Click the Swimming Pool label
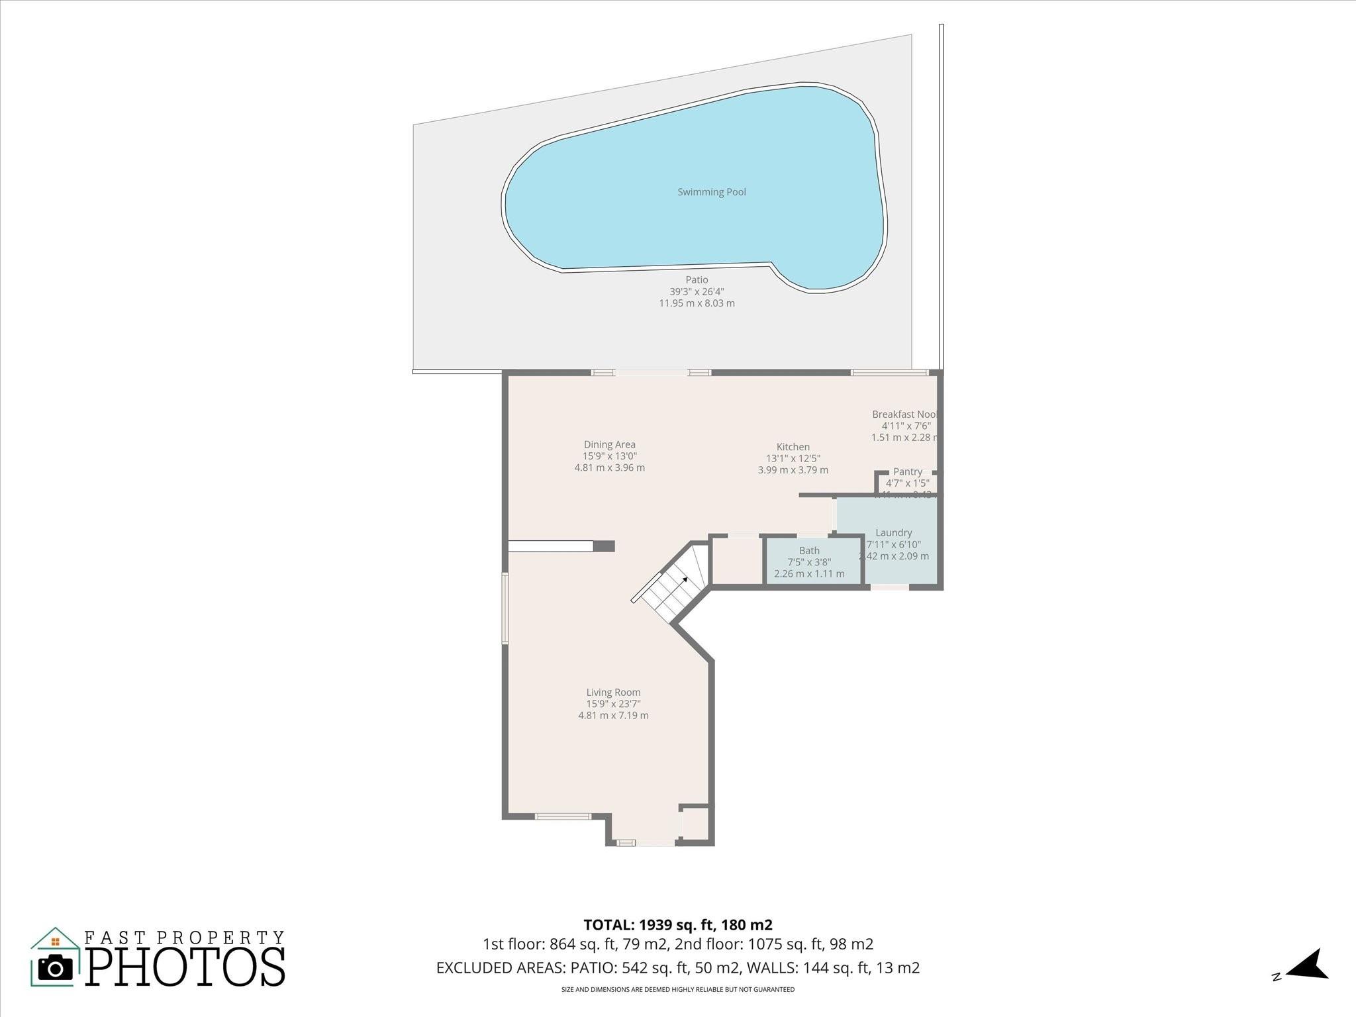coord(711,192)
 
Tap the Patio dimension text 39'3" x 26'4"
coord(697,291)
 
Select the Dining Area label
coord(609,445)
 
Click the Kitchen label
coord(793,447)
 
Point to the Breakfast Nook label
coord(904,414)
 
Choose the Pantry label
coord(907,471)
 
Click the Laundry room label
coord(893,532)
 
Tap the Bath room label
coord(809,550)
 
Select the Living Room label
coord(613,693)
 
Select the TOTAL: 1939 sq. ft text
coord(677,925)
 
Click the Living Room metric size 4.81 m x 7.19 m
coord(613,715)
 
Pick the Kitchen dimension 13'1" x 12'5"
coord(793,458)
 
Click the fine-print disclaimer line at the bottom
coord(677,989)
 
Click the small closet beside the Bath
coord(736,560)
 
